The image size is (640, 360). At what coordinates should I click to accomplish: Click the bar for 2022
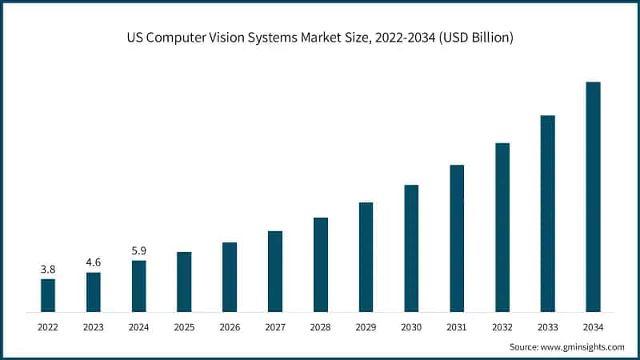point(48,295)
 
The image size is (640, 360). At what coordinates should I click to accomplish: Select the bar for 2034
point(593,197)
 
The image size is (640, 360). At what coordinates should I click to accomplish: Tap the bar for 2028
point(321,264)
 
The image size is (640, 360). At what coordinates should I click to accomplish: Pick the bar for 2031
point(457,238)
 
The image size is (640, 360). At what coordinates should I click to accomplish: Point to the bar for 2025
point(184,282)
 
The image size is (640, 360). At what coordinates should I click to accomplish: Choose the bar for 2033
point(547,214)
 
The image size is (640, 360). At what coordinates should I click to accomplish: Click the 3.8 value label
point(48,270)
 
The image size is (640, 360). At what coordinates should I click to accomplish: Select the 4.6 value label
point(94,262)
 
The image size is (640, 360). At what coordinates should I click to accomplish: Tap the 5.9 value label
point(139,250)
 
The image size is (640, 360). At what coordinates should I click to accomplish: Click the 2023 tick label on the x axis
point(94,326)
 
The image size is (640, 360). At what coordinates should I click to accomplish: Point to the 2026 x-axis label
point(230,326)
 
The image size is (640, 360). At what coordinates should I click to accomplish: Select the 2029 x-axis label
point(366,326)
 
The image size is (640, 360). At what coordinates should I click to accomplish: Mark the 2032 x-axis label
point(502,326)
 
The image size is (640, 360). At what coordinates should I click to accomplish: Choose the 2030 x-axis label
point(411,326)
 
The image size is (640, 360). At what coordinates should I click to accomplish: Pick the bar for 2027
point(275,271)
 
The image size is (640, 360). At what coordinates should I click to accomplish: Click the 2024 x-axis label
point(139,326)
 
